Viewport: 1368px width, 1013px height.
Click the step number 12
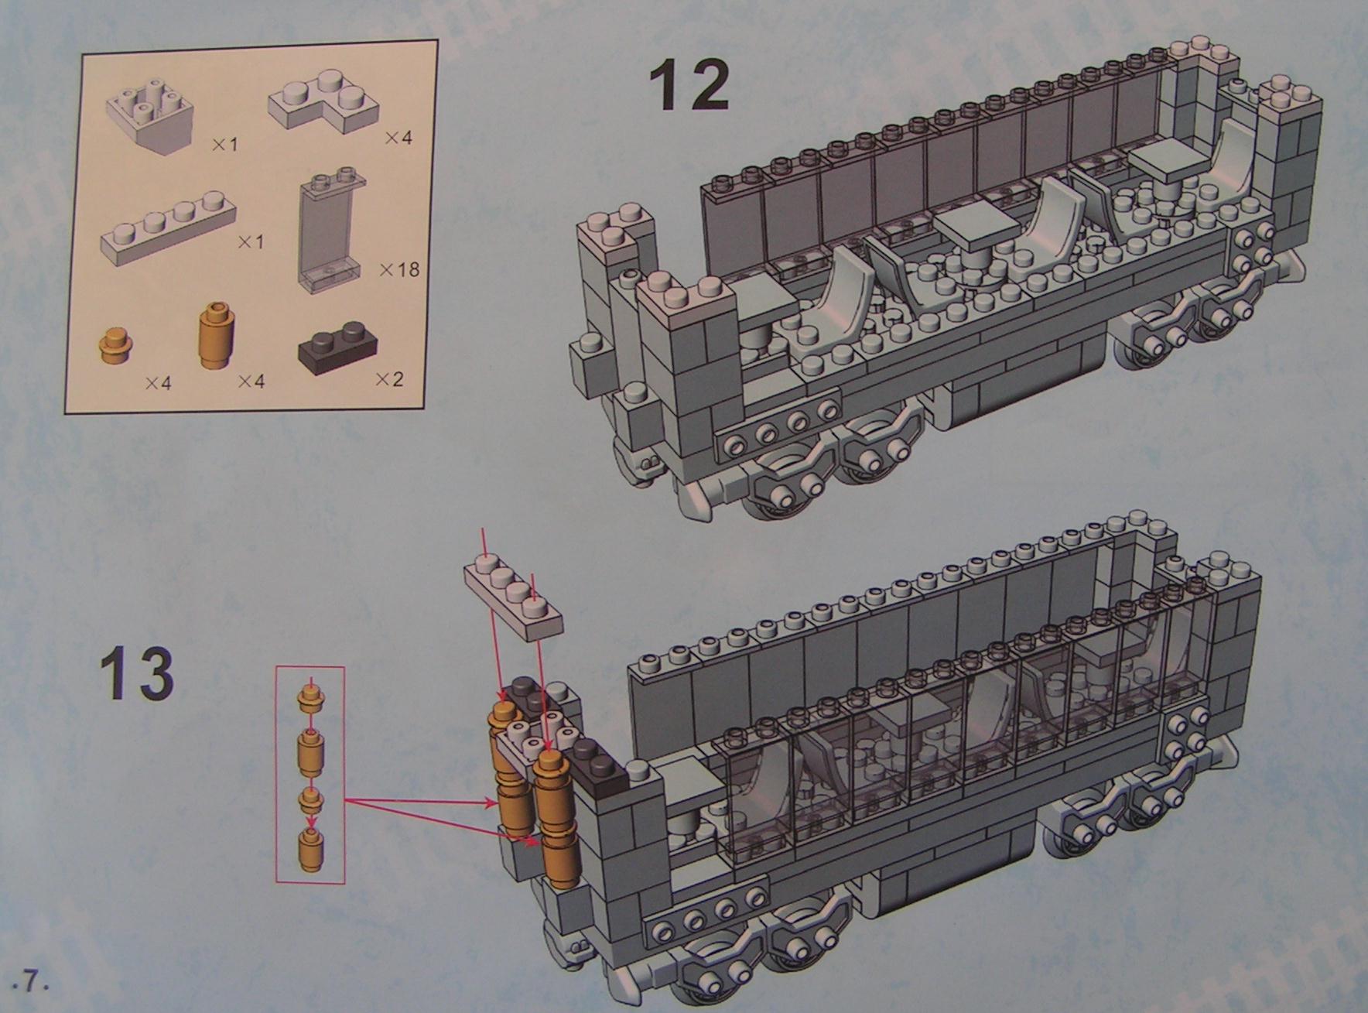(x=689, y=85)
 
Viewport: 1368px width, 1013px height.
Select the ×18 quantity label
(x=399, y=269)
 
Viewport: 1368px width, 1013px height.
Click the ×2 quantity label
(x=389, y=379)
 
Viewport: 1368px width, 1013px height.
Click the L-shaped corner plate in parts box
(x=323, y=102)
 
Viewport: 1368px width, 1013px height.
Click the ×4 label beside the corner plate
(x=399, y=138)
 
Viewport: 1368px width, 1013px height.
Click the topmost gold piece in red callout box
(x=310, y=696)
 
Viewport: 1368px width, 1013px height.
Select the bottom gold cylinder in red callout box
(x=310, y=847)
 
